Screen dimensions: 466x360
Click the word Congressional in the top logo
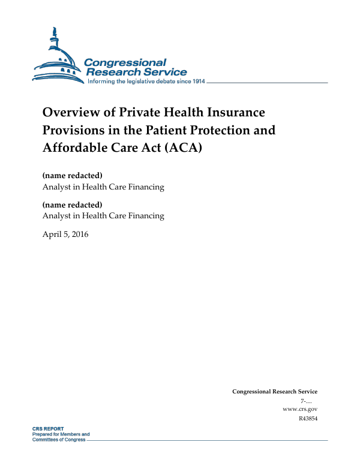point(125,63)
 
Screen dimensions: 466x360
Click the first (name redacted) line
point(73,176)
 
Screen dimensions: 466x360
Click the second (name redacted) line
point(73,205)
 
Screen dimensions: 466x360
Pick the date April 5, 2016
point(65,234)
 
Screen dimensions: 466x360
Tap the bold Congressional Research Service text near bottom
point(274,392)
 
